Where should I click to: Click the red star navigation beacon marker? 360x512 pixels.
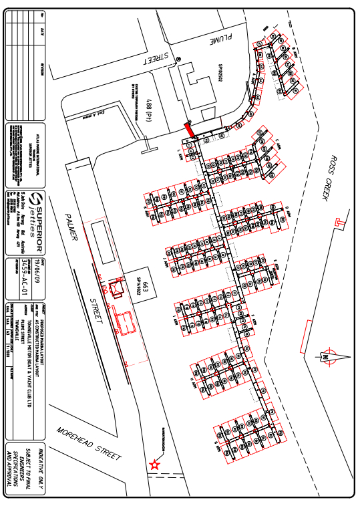[156, 464]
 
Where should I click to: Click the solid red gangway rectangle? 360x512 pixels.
[190, 128]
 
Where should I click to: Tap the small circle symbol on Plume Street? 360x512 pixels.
[179, 59]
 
